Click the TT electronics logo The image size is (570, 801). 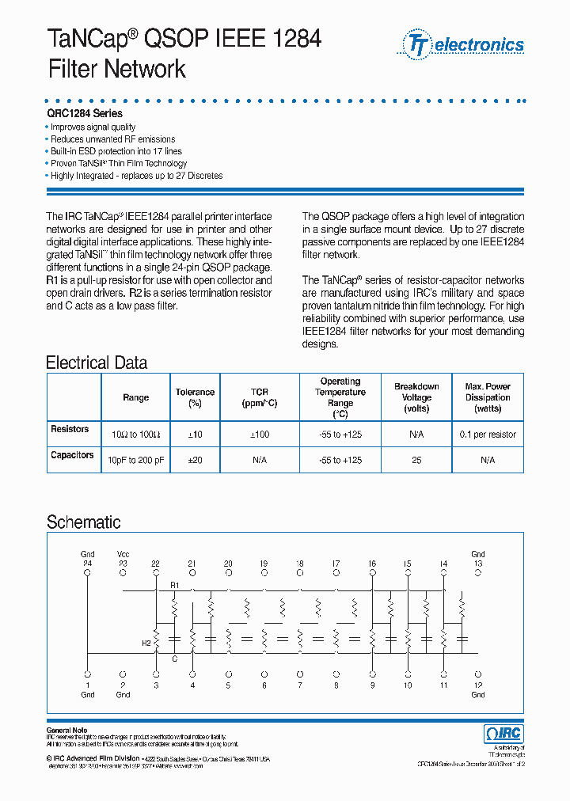point(464,44)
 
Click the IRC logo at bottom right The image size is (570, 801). point(503,734)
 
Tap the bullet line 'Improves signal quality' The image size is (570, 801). point(93,127)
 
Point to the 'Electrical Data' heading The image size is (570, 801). point(97,363)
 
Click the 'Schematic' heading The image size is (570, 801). point(83,522)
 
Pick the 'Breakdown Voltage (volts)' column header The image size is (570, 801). point(416,397)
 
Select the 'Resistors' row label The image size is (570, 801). point(70,429)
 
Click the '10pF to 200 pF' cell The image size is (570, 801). point(135,460)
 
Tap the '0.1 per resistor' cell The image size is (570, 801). point(487,435)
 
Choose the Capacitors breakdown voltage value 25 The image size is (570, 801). point(416,460)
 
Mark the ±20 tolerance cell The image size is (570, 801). point(195,460)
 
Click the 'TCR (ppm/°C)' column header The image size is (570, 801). point(260,397)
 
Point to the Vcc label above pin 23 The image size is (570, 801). point(123,554)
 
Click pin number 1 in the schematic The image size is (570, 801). point(87,685)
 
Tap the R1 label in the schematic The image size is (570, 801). point(176,584)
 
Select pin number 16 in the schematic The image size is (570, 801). point(371,564)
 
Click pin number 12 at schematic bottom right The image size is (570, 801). point(478,685)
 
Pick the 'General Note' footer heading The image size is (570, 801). point(67,730)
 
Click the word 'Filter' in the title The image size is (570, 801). point(76,69)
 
